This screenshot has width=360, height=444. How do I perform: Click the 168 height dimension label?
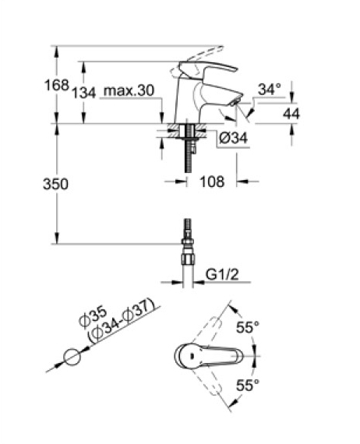[57, 85]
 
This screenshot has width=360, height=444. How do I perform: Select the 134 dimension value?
[84, 93]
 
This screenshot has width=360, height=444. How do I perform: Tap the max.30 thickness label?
[129, 91]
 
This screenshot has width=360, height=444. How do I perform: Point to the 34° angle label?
[270, 90]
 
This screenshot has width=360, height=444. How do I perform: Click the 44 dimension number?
[291, 114]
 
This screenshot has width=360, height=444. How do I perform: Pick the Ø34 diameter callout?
[234, 138]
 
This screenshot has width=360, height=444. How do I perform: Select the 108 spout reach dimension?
[212, 181]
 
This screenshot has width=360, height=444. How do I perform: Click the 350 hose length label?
[55, 184]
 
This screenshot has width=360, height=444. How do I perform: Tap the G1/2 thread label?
[222, 274]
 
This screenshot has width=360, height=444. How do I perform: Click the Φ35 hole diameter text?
[94, 318]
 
